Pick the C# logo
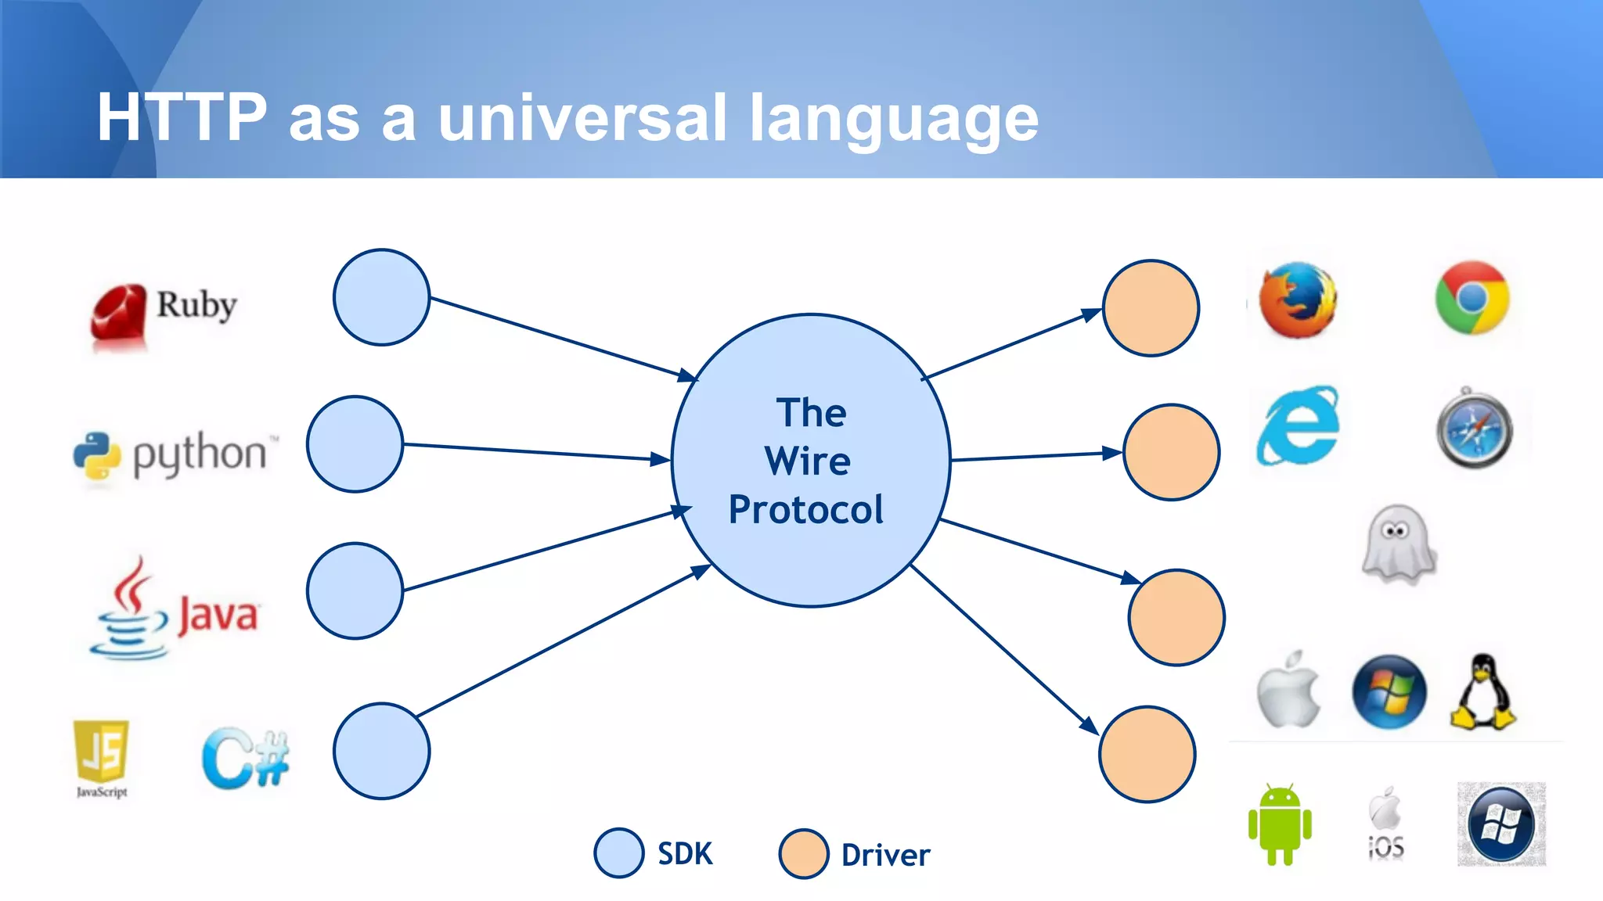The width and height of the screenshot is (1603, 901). [245, 758]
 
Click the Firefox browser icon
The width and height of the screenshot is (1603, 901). [1298, 300]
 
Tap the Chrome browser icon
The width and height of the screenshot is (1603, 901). [1472, 298]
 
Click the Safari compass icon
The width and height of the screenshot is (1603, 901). [1475, 429]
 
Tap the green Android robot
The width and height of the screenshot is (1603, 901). [1279, 824]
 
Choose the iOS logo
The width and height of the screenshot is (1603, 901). [1385, 823]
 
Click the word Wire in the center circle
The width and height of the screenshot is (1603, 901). [808, 461]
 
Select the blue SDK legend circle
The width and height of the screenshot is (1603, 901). [618, 853]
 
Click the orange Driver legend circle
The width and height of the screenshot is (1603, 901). [804, 854]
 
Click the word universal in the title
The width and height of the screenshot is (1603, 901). [582, 118]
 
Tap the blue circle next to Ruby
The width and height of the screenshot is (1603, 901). [381, 297]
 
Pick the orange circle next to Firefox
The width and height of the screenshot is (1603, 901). [1151, 308]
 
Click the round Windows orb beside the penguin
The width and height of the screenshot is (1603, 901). [1389, 692]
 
